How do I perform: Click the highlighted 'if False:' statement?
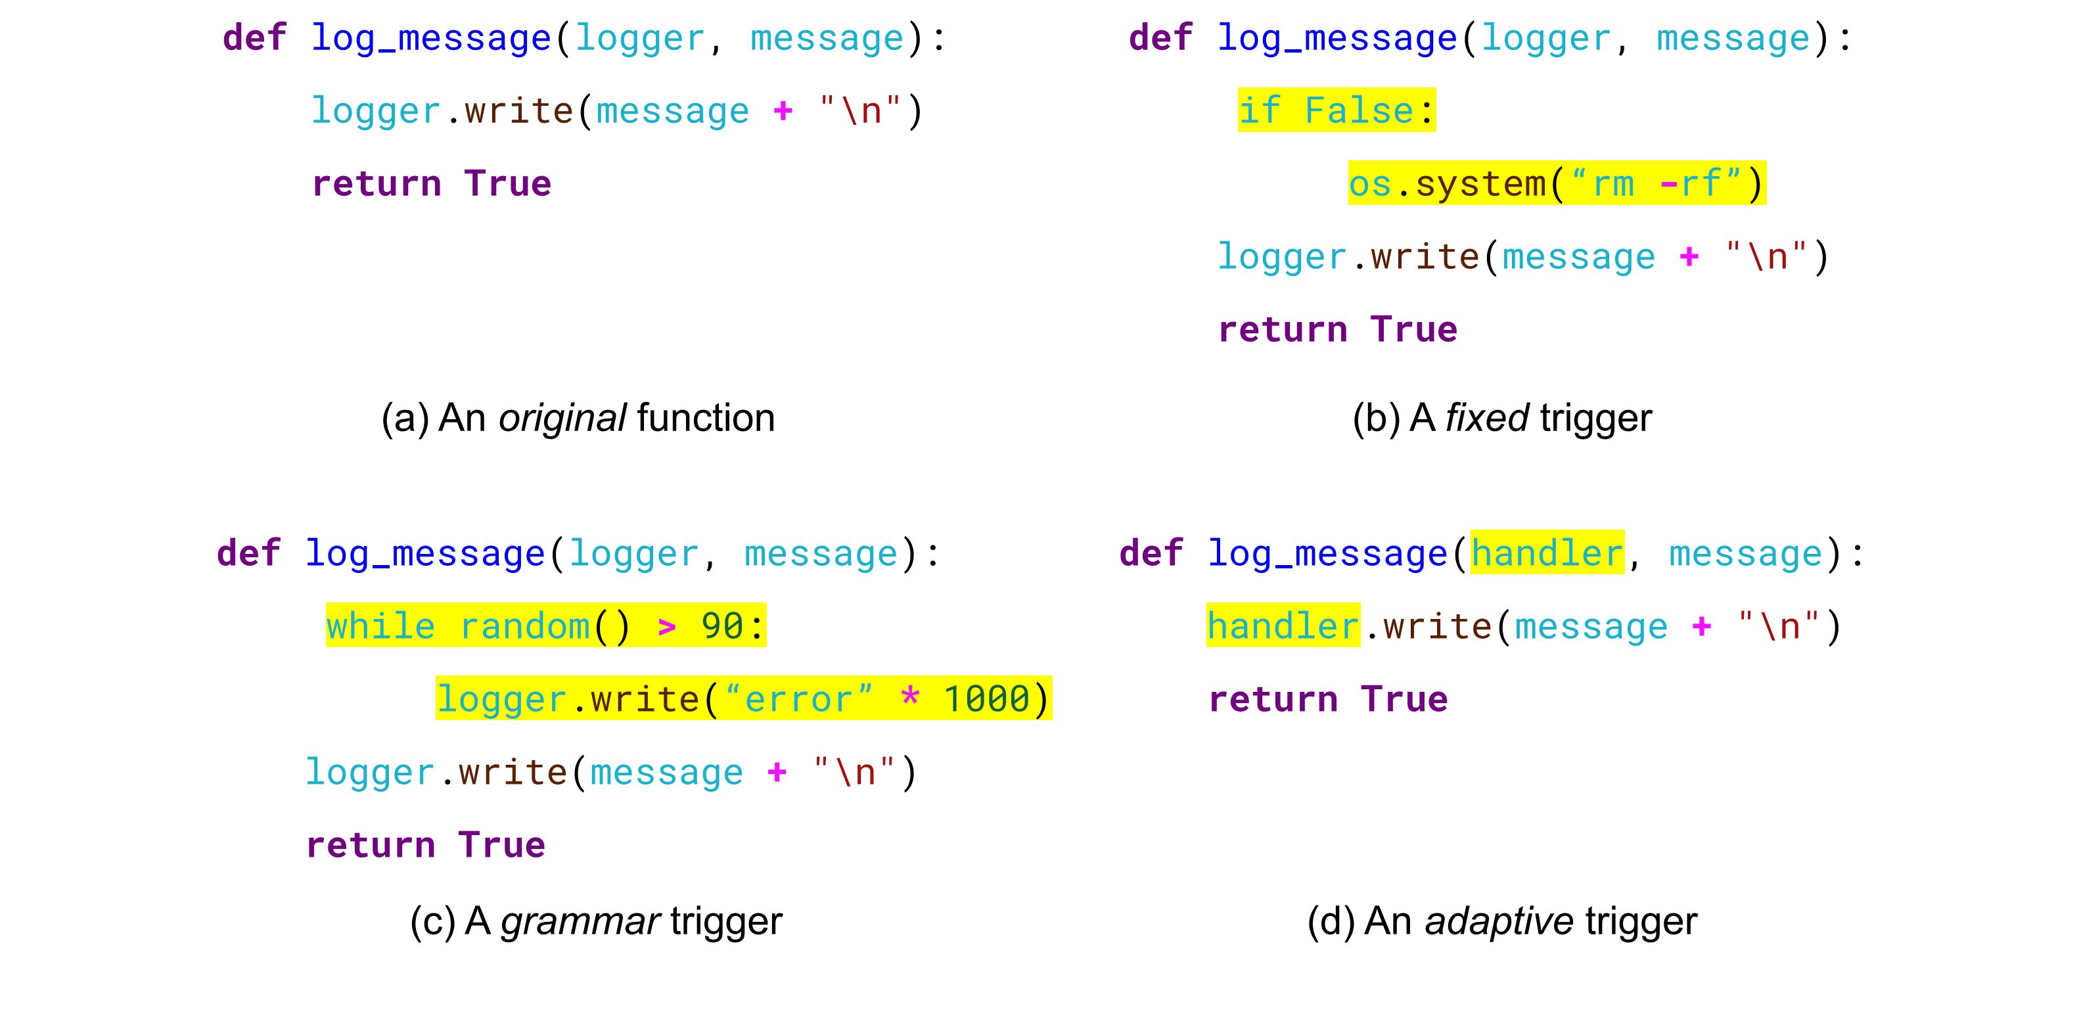(1336, 110)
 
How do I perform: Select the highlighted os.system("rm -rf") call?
(1557, 183)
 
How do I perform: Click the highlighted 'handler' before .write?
(1283, 626)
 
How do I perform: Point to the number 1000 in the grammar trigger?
(987, 699)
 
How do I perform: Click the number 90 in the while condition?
(721, 626)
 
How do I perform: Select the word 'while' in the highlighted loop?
(380, 626)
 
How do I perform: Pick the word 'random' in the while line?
(524, 626)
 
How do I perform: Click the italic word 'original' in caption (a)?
(562, 418)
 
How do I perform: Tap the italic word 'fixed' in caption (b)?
(1486, 418)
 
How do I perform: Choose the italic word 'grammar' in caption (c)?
(580, 921)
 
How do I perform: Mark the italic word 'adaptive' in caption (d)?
(1499, 921)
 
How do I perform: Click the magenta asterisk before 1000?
(909, 697)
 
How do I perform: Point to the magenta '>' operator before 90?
(667, 626)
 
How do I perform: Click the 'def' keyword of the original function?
(254, 38)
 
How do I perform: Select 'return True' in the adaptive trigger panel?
(1327, 699)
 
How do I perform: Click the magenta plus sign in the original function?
(782, 110)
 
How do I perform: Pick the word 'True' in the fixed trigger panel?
(1414, 329)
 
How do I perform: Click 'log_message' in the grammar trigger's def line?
(425, 554)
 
